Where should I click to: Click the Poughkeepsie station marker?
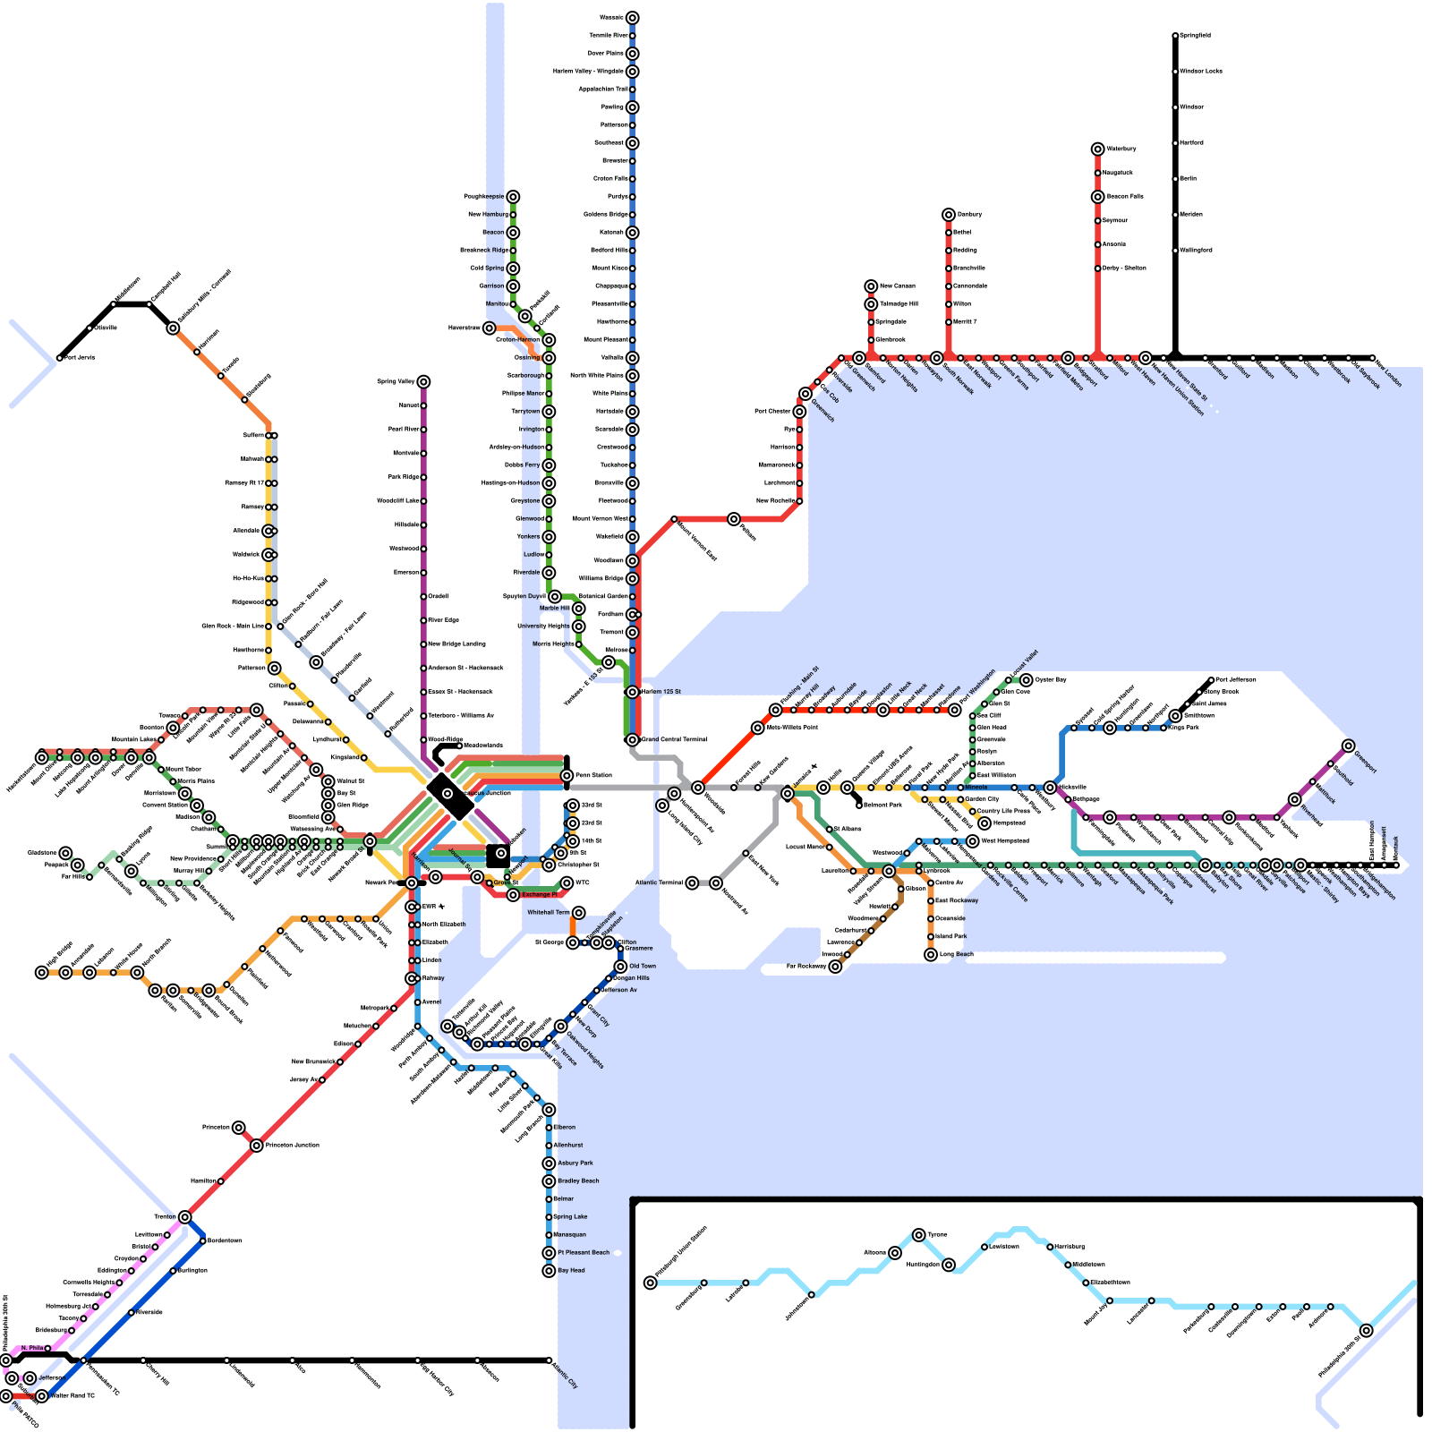[513, 197]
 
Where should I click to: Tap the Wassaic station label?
[611, 18]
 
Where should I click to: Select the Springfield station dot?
[1175, 36]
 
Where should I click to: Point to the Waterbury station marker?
[1098, 149]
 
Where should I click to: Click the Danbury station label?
[969, 215]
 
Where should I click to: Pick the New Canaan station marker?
[871, 286]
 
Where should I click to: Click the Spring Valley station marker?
[423, 382]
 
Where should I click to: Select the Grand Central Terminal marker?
[632, 740]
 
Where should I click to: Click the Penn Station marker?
[567, 776]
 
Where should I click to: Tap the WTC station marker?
[567, 883]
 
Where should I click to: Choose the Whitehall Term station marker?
[579, 913]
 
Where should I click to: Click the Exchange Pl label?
[539, 894]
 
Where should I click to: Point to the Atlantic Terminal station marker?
[692, 883]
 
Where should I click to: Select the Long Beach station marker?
[931, 955]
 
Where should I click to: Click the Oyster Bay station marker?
[1027, 680]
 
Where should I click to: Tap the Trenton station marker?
[184, 1217]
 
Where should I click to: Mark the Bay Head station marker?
[549, 1271]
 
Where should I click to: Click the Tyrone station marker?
[919, 1235]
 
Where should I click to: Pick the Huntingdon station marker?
[949, 1265]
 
